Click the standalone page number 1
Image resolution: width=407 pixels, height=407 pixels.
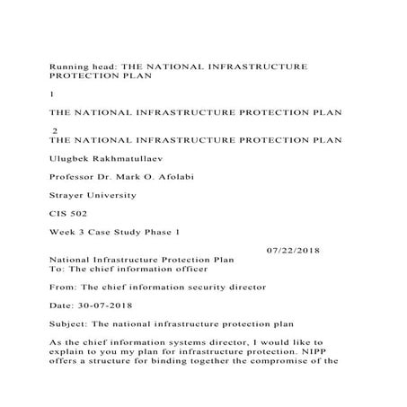51,93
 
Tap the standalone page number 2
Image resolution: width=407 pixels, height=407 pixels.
56,130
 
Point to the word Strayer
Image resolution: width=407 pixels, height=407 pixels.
69,194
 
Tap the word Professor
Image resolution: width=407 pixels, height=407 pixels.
75,175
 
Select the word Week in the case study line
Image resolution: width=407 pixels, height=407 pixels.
62,231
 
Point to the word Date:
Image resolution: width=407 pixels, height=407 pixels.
63,305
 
